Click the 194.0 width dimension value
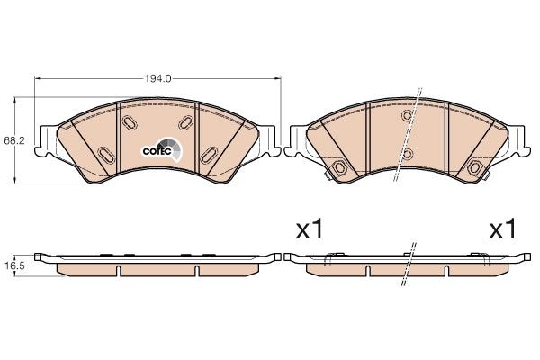coord(157,79)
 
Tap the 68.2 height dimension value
coord(13,141)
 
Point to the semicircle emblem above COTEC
coord(168,145)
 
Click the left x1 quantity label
coord(310,230)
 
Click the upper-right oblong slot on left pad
coord(186,122)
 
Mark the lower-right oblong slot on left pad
coord(211,153)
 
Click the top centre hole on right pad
coord(408,115)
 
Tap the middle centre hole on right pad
coord(408,153)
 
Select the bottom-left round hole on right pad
coord(341,169)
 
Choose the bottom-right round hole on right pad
coord(475,169)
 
